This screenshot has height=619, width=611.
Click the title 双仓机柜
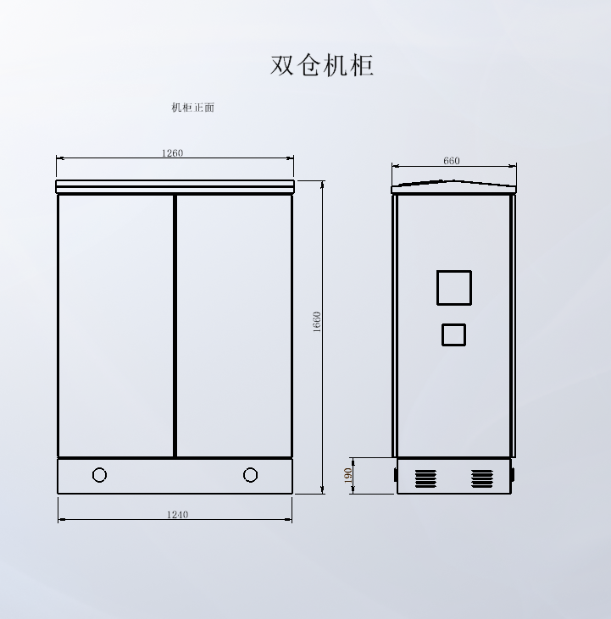(322, 65)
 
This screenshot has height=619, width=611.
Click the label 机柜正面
(192, 108)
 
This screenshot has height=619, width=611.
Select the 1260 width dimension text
(172, 153)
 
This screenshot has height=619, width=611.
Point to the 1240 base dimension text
(177, 514)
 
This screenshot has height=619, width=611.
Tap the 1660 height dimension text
(317, 322)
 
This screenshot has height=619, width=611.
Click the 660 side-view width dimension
(452, 161)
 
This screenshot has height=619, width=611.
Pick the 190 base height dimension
(348, 476)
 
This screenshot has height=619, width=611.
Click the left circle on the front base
(99, 475)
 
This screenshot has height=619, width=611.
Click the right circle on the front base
(250, 475)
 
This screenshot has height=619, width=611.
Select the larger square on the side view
(453, 287)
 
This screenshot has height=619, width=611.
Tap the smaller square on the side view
(453, 334)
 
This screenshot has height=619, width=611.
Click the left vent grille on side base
(425, 478)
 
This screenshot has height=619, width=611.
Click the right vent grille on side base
(481, 478)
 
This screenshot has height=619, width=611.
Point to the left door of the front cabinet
(115, 326)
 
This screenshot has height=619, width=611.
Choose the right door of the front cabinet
(234, 326)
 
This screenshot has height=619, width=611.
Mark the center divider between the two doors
(175, 326)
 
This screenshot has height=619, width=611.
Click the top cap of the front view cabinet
(175, 185)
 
